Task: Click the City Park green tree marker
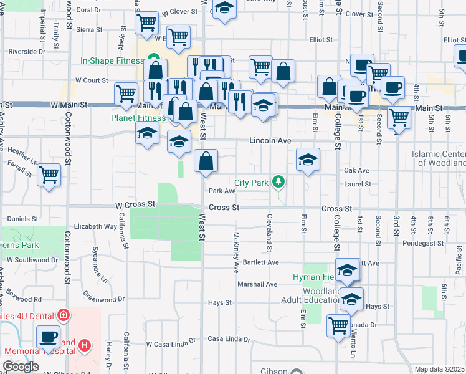280,182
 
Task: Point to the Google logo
21,367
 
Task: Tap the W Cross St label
135,204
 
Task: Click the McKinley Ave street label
236,252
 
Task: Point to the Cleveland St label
270,233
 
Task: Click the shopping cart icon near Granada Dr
338,325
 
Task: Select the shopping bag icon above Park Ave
206,161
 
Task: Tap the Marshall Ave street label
257,284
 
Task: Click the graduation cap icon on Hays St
351,300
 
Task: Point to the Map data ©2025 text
439,369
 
